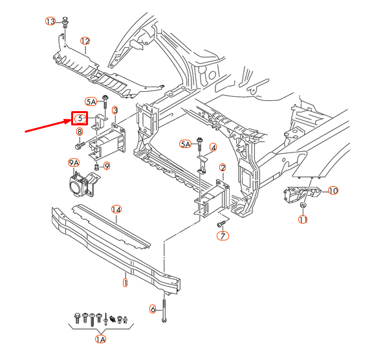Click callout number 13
[x=51, y=21]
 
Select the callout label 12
[x=85, y=41]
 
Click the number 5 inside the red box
[x=79, y=118]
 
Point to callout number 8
[x=80, y=132]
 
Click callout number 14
[x=116, y=209]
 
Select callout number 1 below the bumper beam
[x=125, y=282]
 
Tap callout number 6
[x=153, y=309]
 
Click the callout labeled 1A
[x=100, y=339]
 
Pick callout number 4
[x=213, y=147]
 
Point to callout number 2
[x=223, y=168]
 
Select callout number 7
[x=222, y=237]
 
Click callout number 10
[x=333, y=190]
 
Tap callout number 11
[x=303, y=220]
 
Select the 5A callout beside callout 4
[x=186, y=143]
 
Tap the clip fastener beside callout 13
[x=66, y=24]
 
